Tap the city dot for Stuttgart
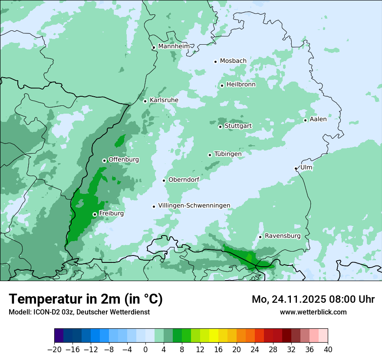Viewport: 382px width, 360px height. (220, 127)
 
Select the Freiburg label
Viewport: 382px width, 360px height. (112, 213)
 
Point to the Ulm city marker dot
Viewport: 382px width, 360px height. (296, 168)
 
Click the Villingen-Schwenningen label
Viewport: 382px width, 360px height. (194, 206)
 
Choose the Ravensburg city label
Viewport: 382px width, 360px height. (283, 236)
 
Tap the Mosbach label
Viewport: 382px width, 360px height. (233, 61)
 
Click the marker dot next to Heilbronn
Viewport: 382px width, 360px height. (222, 85)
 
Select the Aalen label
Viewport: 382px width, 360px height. (318, 119)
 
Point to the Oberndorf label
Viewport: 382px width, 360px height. (184, 180)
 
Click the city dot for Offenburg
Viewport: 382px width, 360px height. (104, 160)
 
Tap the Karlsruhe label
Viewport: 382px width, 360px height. (164, 100)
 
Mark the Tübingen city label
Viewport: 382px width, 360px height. (228, 154)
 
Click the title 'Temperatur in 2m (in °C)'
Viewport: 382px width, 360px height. (86, 299)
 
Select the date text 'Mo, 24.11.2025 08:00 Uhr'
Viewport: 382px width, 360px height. (313, 299)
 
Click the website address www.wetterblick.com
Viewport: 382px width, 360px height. (313, 312)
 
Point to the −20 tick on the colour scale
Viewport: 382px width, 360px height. (54, 349)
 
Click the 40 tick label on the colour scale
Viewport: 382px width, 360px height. (328, 349)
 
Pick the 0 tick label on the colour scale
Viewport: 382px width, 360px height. (145, 349)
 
